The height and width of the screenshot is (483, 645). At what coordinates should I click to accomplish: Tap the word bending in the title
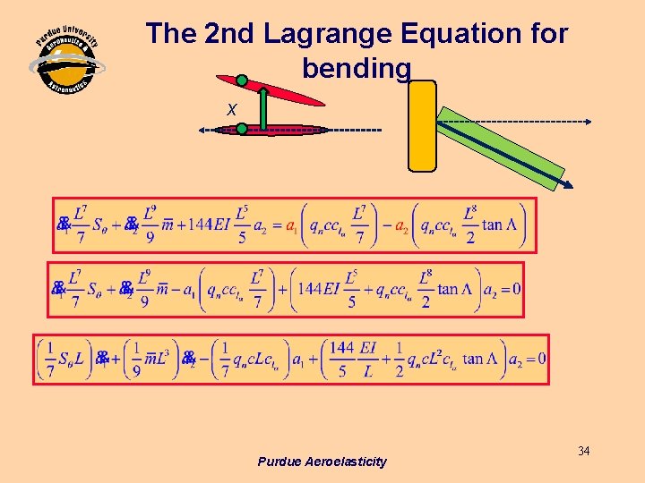click(357, 68)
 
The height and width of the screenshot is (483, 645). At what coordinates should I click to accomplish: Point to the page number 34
click(583, 451)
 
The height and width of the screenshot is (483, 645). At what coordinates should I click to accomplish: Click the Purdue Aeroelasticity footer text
click(322, 462)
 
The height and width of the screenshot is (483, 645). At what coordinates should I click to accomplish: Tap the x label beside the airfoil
click(231, 109)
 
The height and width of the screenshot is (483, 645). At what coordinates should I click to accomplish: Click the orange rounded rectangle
click(422, 125)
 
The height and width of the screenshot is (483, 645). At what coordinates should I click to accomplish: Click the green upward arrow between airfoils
click(264, 108)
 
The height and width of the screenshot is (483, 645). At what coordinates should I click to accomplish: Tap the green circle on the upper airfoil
click(242, 80)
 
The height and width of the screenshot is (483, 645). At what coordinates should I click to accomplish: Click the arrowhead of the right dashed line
click(588, 121)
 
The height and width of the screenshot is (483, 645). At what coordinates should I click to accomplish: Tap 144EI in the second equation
click(320, 288)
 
